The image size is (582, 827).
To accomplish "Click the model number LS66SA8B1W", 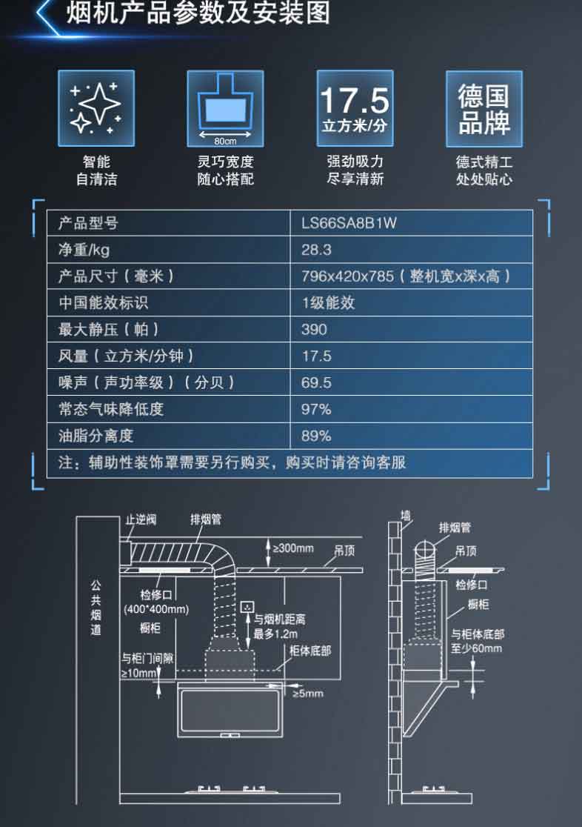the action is tap(349, 223).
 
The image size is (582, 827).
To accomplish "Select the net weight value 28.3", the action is tap(316, 250).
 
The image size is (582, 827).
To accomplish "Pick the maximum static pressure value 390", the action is tap(314, 329).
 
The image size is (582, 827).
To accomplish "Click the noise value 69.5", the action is tap(316, 382).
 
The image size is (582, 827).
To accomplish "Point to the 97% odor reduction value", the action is tap(316, 409).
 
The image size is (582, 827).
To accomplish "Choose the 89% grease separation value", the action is tap(316, 436).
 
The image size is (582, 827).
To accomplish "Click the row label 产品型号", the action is tap(88, 223).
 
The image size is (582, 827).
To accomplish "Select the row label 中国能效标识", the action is tap(103, 303).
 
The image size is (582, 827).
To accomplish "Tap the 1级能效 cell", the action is tap(328, 303).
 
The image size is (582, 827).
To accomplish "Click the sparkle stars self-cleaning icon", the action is tap(96, 108).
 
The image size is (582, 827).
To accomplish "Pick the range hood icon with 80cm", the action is tap(225, 108).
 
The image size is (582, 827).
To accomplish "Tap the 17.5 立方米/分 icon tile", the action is tap(355, 108).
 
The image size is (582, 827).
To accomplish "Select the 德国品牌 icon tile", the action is tap(484, 108).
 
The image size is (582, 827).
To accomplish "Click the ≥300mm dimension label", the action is tap(293, 548).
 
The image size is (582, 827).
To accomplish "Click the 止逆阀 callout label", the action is tap(141, 519).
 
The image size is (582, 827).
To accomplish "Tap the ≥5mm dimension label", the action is tap(308, 694).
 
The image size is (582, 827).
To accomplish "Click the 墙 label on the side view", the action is tap(405, 514).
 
